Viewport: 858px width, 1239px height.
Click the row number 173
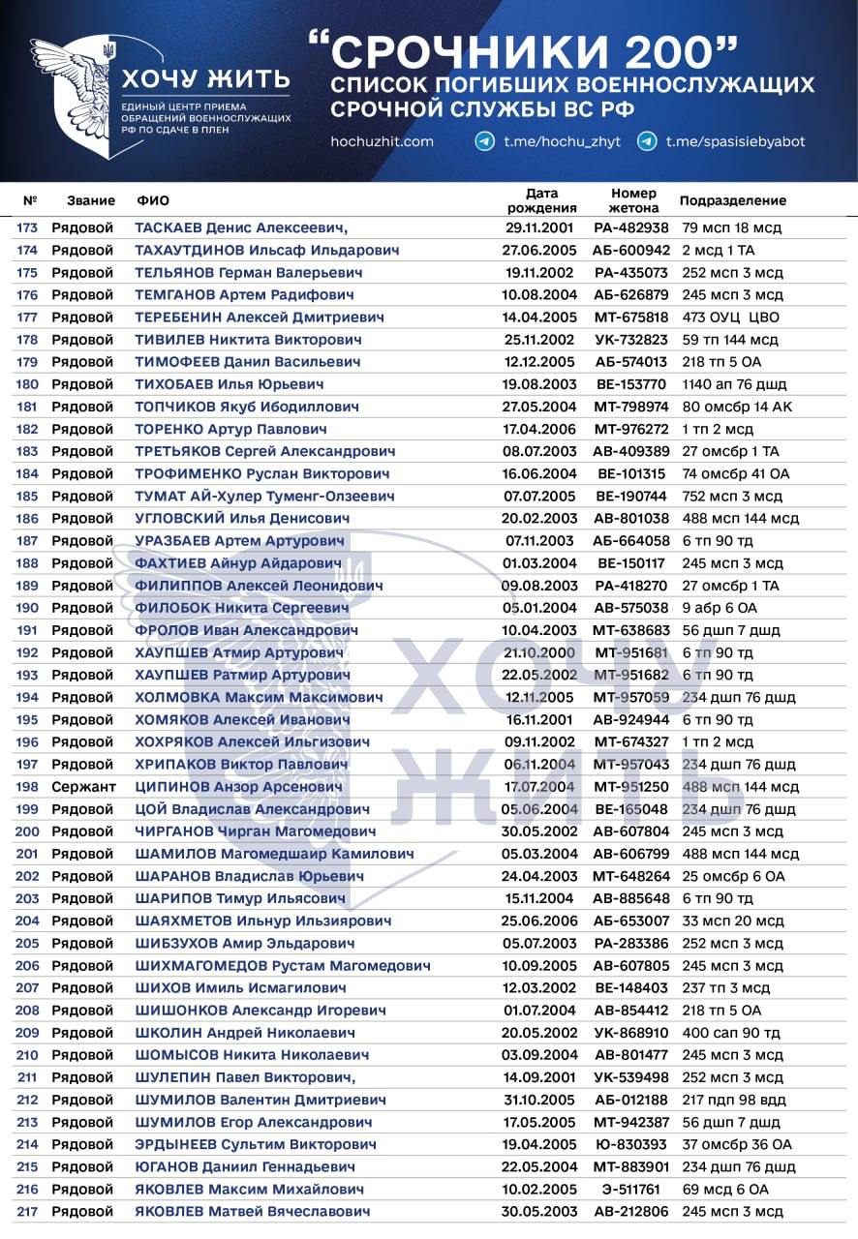point(26,228)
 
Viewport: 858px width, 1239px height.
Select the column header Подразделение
point(732,201)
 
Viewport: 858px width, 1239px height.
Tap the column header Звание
point(91,201)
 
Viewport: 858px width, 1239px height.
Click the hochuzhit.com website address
point(382,141)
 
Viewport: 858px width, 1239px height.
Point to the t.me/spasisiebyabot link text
point(735,141)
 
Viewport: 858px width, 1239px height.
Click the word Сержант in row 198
point(83,787)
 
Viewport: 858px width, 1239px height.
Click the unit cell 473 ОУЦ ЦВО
point(730,317)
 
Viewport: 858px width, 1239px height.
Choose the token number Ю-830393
point(631,1144)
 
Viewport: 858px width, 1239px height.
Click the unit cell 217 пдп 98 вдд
point(736,1100)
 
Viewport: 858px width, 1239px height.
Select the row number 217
point(26,1211)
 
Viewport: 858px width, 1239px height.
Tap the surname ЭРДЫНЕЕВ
point(176,1144)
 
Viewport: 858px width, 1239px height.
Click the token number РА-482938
point(631,228)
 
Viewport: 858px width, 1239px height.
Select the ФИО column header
point(153,201)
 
